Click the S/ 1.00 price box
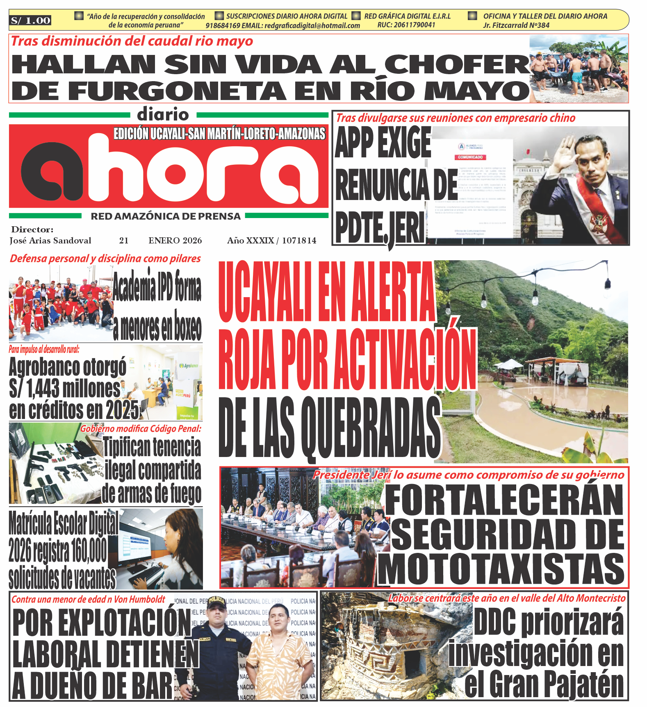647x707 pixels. (31, 20)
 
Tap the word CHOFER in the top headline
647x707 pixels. (457, 64)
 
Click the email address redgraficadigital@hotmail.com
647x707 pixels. (312, 25)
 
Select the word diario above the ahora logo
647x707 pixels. (163, 114)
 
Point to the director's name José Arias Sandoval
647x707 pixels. (50, 241)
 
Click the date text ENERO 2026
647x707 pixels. (175, 241)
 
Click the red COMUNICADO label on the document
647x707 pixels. (470, 157)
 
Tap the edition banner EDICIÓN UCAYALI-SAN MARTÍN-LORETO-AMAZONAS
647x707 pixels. (219, 134)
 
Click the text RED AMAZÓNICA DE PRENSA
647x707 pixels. (166, 216)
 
